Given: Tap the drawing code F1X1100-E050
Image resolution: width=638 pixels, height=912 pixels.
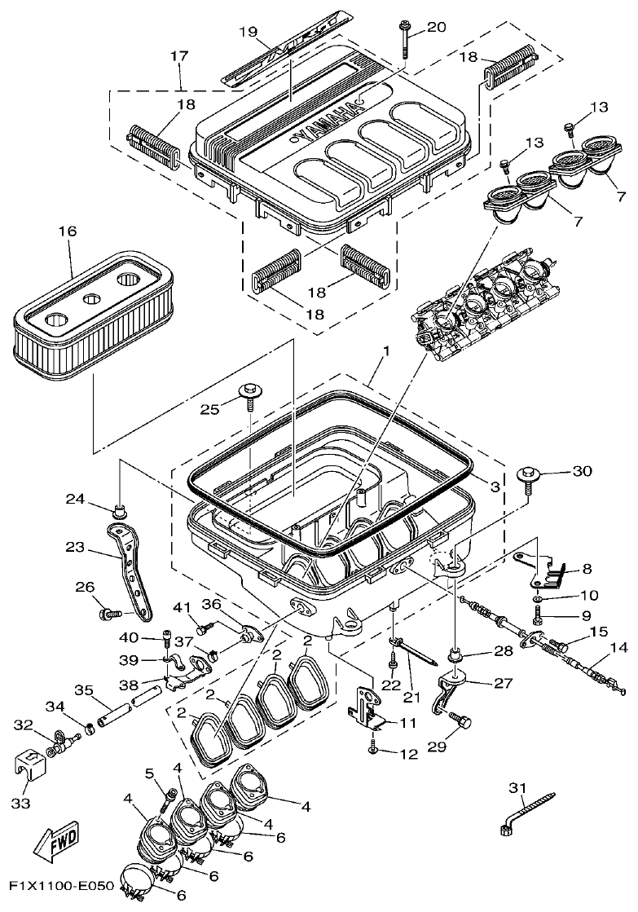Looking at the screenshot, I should click(62, 883).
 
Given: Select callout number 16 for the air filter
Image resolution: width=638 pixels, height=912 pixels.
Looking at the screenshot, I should click(66, 231).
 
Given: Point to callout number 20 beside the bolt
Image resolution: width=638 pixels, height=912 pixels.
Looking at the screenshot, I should click(436, 27).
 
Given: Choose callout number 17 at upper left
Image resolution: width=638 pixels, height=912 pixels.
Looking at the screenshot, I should click(178, 55).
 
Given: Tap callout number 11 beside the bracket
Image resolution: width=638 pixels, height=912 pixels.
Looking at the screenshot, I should click(407, 723).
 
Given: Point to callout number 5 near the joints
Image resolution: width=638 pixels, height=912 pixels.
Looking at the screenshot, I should click(149, 772).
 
